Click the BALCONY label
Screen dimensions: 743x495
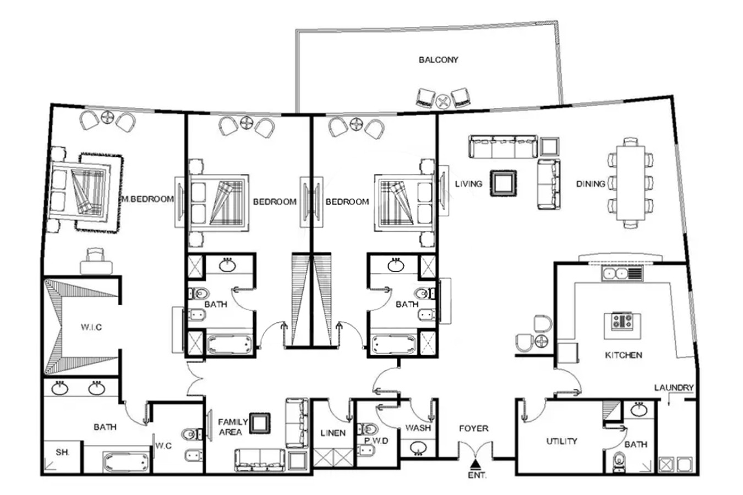click(x=438, y=60)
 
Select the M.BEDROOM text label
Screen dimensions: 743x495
click(x=148, y=199)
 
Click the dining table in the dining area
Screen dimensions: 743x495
click(x=631, y=183)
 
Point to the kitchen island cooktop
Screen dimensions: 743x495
click(x=622, y=321)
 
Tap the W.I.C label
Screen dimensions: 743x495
click(x=91, y=327)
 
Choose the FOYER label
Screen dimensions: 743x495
click(x=474, y=428)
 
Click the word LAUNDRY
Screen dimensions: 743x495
click(x=674, y=388)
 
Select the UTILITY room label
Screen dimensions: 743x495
click(x=561, y=441)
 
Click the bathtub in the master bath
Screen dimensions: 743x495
click(x=126, y=462)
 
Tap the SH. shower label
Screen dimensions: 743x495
click(x=62, y=452)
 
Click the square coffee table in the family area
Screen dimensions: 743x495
click(x=260, y=424)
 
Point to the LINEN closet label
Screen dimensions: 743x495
click(x=333, y=433)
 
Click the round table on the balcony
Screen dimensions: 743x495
click(x=442, y=101)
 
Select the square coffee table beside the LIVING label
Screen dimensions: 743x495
click(x=504, y=183)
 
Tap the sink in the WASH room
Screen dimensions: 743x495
click(x=418, y=448)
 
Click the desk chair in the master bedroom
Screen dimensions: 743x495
click(x=96, y=255)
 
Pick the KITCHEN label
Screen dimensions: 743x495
click(x=623, y=355)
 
